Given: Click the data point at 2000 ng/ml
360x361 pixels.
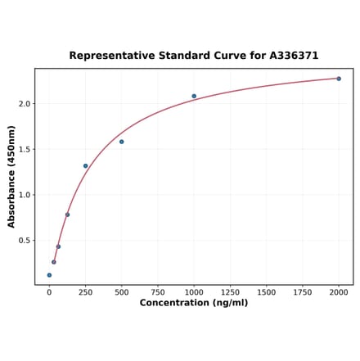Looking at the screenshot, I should (339, 79).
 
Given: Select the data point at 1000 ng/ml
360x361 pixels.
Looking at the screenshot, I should (194, 96).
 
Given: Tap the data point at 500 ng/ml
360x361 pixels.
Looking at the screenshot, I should (122, 142).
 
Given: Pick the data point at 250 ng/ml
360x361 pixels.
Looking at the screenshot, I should (85, 166).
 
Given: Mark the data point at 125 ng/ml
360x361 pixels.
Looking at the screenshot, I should (67, 214).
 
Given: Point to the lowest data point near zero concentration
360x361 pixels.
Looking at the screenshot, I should (49, 275).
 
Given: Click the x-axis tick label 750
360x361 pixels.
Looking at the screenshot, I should (158, 291).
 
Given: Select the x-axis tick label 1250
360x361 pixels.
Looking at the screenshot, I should (230, 291).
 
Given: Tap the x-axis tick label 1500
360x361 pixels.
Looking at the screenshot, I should (266, 291).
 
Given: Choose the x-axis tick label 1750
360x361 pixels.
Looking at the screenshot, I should (303, 291).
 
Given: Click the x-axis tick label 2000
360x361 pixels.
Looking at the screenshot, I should (339, 291).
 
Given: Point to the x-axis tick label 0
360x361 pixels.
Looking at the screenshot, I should (49, 291).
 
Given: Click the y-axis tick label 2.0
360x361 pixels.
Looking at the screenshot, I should (24, 104).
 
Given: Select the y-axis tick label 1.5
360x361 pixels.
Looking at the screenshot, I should (24, 149).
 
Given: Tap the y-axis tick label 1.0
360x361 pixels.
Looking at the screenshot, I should (24, 195).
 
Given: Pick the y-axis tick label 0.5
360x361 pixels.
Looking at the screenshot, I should (24, 241).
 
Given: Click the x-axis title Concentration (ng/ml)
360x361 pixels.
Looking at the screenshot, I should (194, 303).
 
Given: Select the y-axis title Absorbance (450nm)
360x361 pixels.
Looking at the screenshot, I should (11, 177).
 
